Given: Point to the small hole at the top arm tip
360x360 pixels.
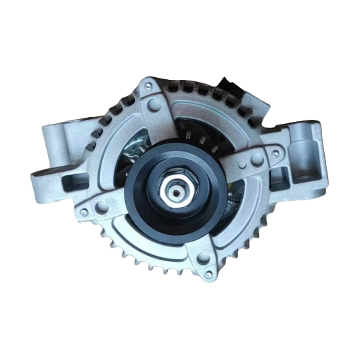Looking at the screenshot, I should click(146, 87).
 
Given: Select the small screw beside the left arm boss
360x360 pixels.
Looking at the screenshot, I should click(84, 212).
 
